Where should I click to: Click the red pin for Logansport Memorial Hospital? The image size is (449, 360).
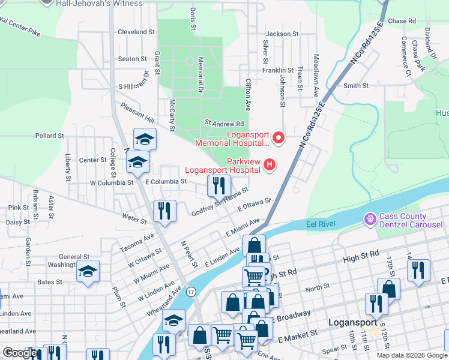click(278, 139)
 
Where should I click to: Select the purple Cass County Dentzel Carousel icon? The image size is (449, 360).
click(370, 220)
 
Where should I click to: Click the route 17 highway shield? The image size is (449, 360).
click(191, 292)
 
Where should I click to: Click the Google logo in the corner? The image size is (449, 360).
click(20, 353)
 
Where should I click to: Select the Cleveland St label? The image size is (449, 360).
click(136, 32)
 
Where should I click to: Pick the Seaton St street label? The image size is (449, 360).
click(132, 59)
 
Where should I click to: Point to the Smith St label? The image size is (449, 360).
click(355, 86)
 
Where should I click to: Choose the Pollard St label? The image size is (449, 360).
click(49, 136)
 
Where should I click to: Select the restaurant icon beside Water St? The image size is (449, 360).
click(164, 210)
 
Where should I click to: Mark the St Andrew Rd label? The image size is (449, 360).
click(224, 123)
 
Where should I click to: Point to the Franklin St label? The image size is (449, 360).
click(277, 70)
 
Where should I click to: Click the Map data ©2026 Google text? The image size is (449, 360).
click(411, 355)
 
